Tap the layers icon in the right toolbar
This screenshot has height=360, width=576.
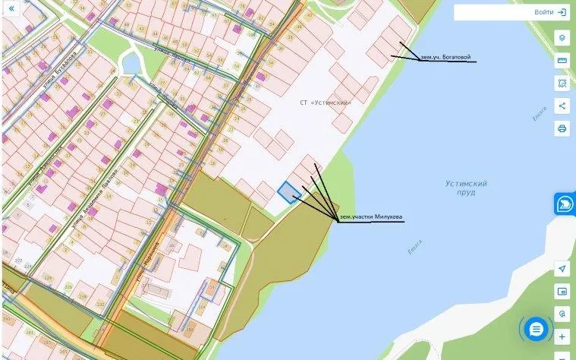tap(562, 37)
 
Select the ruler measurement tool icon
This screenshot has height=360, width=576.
tap(562, 60)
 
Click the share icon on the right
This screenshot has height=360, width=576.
tap(562, 106)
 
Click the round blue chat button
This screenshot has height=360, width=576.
tap(537, 329)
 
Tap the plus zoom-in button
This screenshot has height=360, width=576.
tap(562, 336)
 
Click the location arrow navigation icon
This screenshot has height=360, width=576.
tap(562, 269)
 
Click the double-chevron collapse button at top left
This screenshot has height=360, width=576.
tap(11, 8)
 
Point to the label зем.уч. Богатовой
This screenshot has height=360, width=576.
tap(446, 57)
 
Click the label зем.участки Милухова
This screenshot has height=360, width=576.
tap(371, 217)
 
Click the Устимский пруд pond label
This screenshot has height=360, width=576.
tap(466, 188)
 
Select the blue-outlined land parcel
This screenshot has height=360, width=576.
tap(289, 192)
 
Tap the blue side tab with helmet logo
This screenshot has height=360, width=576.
tap(565, 204)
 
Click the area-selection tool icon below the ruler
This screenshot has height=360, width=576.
tap(562, 83)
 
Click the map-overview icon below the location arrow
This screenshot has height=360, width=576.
tap(562, 291)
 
